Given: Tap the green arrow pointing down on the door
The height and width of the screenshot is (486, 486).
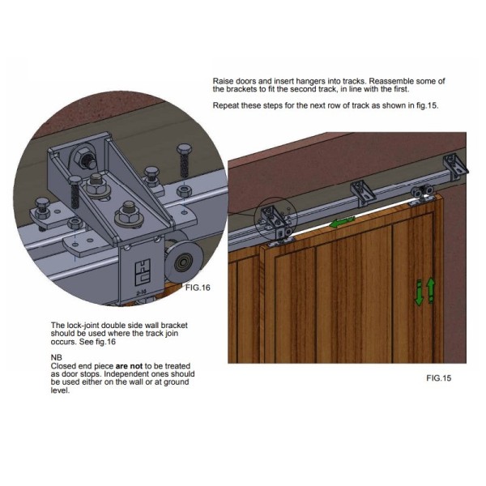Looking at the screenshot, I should tap(420, 294).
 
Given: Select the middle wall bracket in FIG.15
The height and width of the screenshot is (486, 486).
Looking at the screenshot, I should tap(362, 192).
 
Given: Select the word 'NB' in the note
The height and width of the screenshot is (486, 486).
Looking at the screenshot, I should tap(55, 356).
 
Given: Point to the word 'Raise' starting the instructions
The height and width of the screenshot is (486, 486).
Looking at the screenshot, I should tap(224, 82).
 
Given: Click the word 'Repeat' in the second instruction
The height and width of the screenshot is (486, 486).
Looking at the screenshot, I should tap(227, 106).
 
